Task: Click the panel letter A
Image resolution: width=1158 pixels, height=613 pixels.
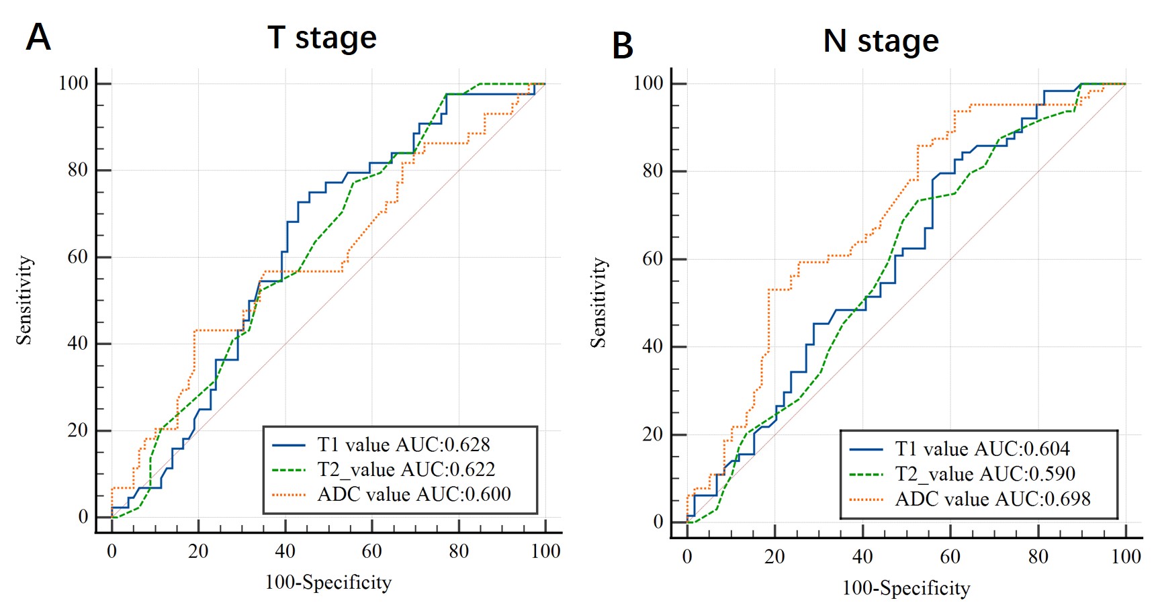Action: pos(38,38)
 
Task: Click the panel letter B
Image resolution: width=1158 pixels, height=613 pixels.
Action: pos(623,46)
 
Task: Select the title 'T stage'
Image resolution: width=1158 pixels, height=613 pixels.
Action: pos(322,38)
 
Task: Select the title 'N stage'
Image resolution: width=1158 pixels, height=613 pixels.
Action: pos(881,41)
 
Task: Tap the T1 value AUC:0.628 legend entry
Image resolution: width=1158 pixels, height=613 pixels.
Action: pos(403,444)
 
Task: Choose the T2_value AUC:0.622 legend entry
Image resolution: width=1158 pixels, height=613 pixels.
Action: pos(406,469)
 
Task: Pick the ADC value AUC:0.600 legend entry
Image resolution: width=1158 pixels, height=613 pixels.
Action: pos(414,494)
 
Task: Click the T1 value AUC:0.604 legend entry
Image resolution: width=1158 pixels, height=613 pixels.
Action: pos(982,449)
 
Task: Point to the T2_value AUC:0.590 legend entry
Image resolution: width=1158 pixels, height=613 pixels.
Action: pos(985,474)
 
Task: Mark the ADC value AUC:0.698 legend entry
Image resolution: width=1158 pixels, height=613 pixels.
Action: pos(992,499)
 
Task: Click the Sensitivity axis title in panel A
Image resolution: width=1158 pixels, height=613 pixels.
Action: pos(24,300)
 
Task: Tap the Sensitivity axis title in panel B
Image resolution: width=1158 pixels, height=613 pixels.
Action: pos(598,303)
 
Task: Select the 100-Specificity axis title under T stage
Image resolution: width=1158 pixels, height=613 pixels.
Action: pos(328,582)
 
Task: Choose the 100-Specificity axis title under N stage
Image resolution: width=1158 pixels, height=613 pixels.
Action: pos(906,588)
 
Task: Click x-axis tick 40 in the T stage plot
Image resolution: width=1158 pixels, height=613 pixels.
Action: pos(285,552)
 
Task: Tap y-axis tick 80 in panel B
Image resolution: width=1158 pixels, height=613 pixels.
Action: pos(652,171)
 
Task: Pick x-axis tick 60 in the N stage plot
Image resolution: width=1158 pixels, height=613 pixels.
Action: pos(950,557)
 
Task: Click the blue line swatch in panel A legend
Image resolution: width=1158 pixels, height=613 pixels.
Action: pos(289,445)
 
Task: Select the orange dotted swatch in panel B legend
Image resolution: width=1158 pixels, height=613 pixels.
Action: pos(866,500)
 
